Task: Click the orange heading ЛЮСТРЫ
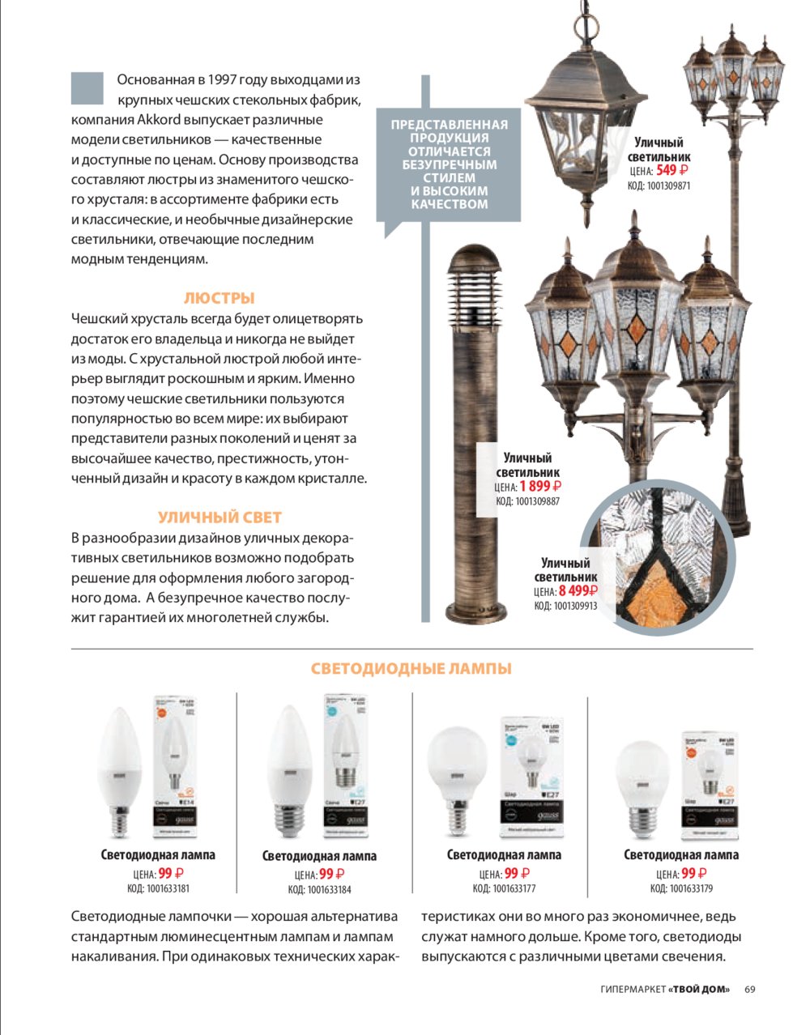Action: click(220, 298)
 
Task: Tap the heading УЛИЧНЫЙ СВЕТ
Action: click(220, 517)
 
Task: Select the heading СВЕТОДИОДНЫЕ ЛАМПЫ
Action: click(411, 669)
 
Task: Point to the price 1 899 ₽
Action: click(540, 487)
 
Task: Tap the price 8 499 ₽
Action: click(578, 591)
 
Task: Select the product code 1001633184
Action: click(329, 889)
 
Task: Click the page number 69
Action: click(750, 989)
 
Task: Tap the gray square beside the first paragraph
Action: click(87, 88)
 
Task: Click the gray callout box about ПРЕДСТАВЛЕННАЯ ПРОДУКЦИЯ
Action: click(449, 164)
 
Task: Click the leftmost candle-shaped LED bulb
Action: click(119, 769)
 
